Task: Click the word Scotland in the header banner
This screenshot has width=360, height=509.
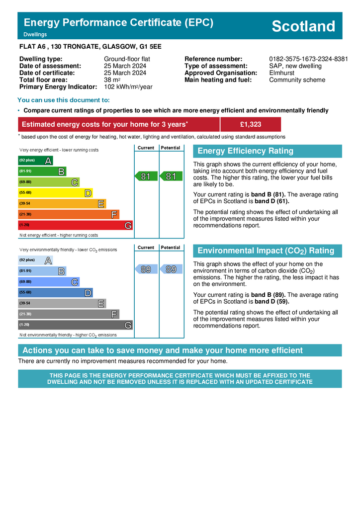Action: [303, 26]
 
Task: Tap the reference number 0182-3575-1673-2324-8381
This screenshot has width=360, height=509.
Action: [308, 59]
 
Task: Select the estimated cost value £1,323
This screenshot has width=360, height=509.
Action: [250, 124]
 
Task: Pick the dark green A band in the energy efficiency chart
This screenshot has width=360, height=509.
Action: [35, 161]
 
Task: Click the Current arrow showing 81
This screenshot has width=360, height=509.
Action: [146, 176]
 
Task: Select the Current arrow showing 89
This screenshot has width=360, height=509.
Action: [146, 269]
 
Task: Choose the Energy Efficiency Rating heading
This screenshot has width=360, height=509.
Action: [246, 151]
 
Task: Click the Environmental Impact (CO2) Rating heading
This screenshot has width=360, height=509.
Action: [266, 251]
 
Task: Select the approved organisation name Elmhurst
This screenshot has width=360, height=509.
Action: [281, 73]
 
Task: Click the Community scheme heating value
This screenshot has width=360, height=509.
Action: [297, 80]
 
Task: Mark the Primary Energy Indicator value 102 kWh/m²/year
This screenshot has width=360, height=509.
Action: [128, 87]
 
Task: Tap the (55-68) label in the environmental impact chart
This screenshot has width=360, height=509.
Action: [25, 292]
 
